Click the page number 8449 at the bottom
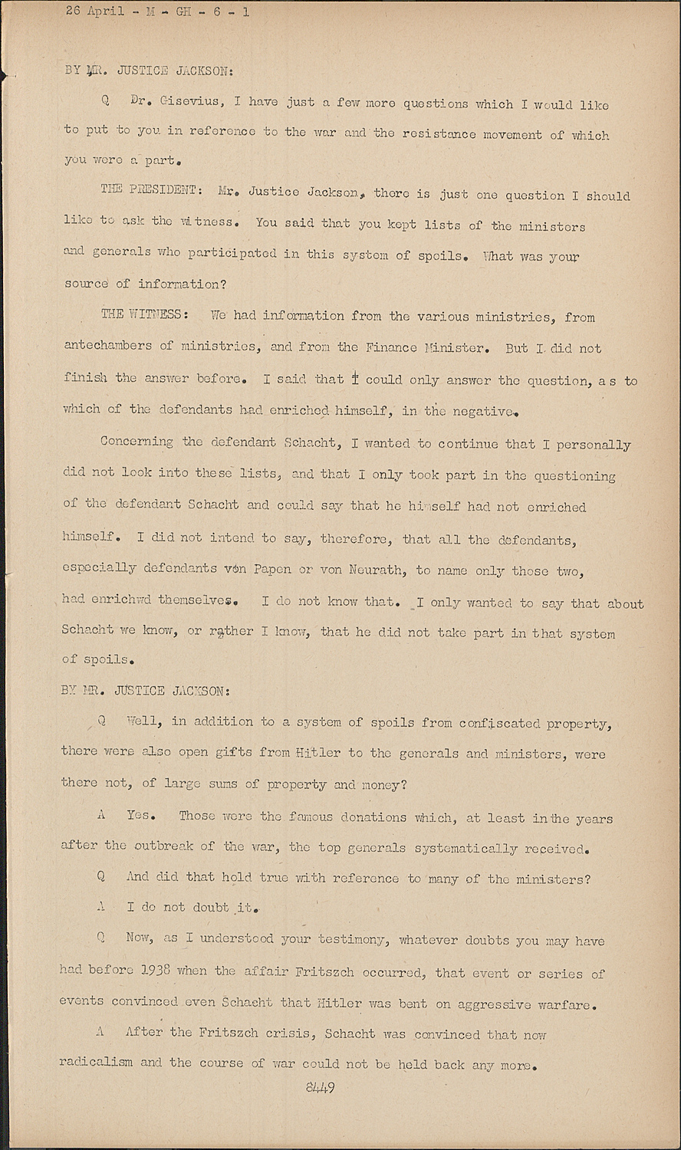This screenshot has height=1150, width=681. [320, 1088]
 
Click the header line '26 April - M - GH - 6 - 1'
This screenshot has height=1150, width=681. [156, 12]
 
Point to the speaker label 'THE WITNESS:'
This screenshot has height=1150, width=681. [142, 314]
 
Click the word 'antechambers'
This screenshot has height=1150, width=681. [107, 345]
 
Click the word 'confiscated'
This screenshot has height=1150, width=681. [500, 723]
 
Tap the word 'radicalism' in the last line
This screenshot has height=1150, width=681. [96, 1063]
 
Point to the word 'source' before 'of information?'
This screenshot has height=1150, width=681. [87, 284]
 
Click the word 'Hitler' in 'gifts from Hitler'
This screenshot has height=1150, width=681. [318, 753]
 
